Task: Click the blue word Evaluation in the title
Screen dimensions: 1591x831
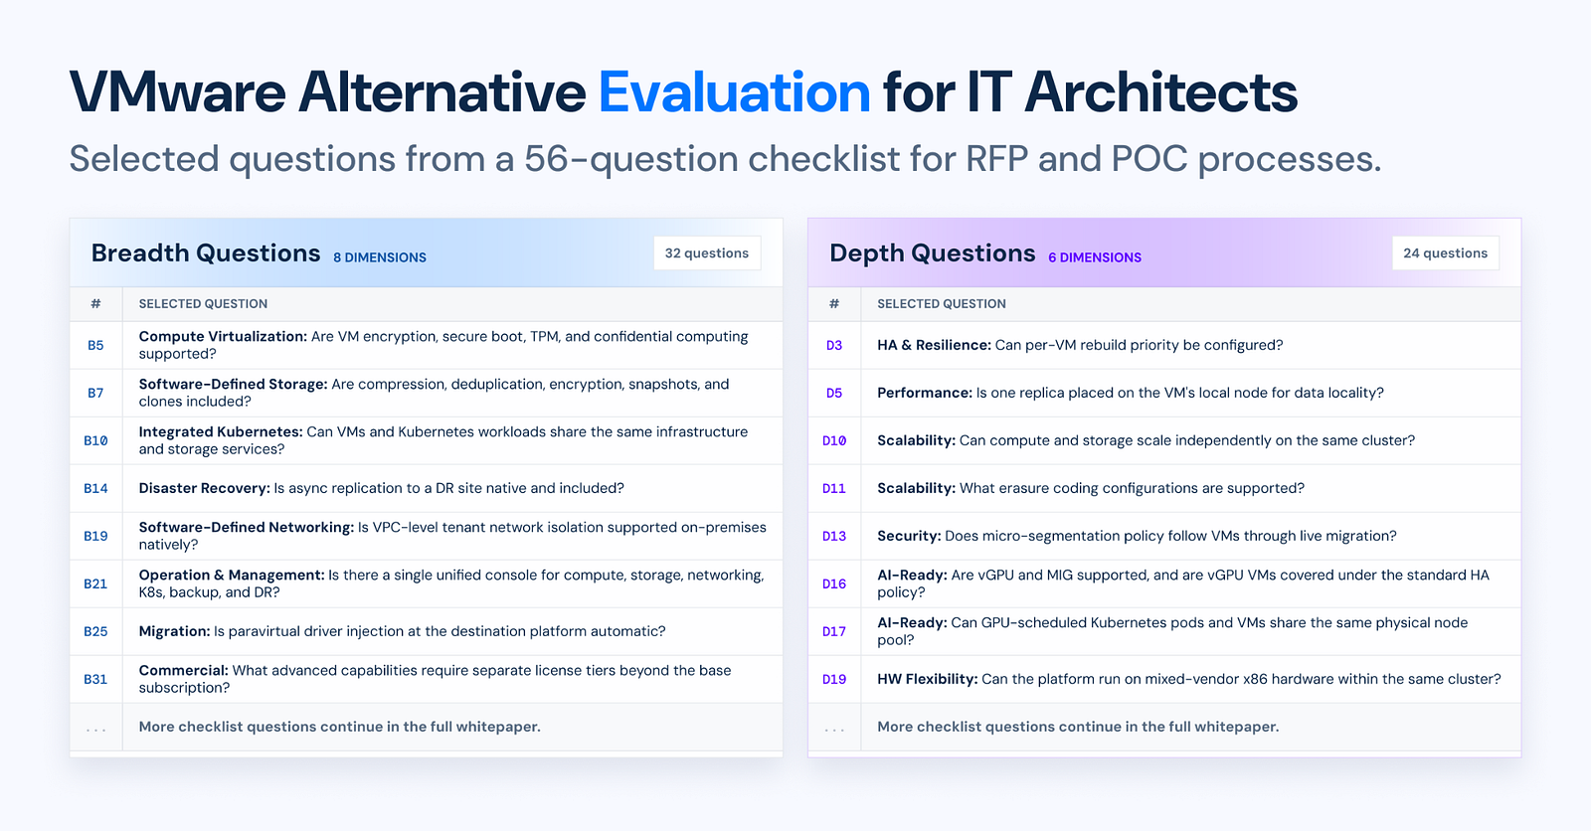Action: click(x=734, y=92)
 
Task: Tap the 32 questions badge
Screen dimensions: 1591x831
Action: click(x=707, y=252)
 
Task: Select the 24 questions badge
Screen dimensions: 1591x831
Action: click(x=1446, y=252)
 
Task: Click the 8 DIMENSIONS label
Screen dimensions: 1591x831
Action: click(x=380, y=257)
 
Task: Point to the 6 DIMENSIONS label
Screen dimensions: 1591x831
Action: click(x=1095, y=257)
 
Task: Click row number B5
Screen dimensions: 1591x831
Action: click(x=95, y=345)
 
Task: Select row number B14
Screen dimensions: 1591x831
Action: click(x=95, y=488)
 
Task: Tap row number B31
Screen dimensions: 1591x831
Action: click(x=95, y=679)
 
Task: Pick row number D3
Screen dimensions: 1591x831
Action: click(x=834, y=345)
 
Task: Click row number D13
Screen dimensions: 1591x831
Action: click(x=834, y=536)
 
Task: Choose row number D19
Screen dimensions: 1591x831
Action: click(x=834, y=679)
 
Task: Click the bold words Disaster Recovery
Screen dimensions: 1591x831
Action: click(x=205, y=488)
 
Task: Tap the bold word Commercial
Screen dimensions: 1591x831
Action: click(x=184, y=671)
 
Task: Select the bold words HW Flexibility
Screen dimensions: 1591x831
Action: click(x=928, y=679)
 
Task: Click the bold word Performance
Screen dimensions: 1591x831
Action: click(x=925, y=393)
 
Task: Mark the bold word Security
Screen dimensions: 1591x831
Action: click(x=909, y=536)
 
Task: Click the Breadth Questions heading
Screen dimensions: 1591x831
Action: click(x=206, y=252)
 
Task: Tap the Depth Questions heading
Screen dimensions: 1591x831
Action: click(x=933, y=253)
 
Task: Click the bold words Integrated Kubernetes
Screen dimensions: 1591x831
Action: click(x=221, y=432)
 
